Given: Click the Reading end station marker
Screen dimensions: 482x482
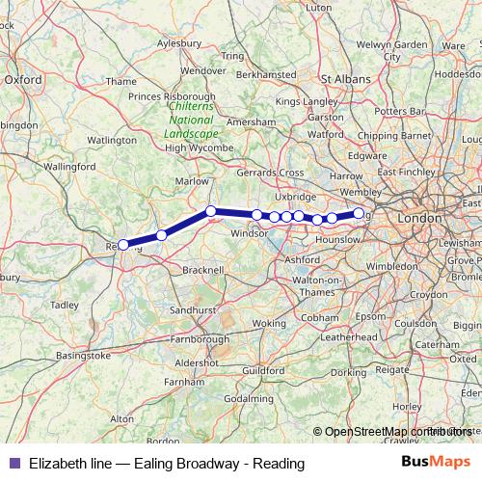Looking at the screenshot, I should point(122,245).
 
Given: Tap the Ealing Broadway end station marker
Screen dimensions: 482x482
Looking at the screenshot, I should point(359,213).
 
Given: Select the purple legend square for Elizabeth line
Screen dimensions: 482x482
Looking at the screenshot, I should point(13,464).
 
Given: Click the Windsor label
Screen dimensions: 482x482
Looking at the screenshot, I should point(249,233).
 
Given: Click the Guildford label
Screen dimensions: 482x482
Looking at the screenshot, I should point(264,370).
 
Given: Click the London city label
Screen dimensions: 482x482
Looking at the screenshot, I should point(418,219).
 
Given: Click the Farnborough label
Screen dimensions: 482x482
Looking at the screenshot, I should point(197,339).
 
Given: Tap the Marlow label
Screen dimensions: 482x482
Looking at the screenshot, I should point(193,180).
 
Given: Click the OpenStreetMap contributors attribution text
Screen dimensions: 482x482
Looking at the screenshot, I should point(396,432).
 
